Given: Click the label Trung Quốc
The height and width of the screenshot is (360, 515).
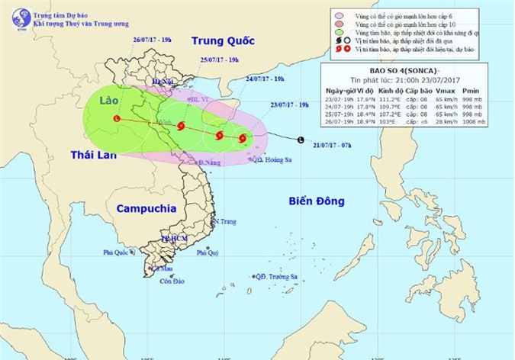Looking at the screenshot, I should [x=221, y=40].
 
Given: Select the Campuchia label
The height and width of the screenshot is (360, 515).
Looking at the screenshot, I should [x=147, y=207].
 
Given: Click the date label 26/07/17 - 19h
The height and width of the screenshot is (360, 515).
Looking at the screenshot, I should [x=153, y=39].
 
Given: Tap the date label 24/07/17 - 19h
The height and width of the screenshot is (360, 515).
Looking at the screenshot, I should [x=266, y=79].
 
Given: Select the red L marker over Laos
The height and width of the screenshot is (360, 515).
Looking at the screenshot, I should [x=116, y=119].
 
